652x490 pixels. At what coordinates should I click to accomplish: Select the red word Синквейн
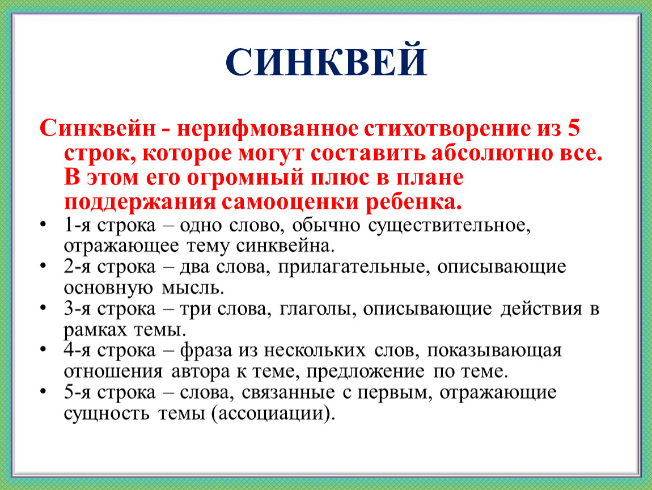point(98,128)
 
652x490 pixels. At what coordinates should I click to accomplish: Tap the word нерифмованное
point(268,129)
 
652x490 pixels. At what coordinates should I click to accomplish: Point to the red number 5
point(573,128)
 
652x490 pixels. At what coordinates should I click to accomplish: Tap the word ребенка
point(414,201)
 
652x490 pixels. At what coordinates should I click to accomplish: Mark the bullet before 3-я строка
point(43,307)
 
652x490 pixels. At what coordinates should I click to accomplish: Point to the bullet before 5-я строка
point(43,391)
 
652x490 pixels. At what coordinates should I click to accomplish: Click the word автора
point(201,372)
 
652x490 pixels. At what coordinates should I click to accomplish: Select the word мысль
point(193,288)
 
